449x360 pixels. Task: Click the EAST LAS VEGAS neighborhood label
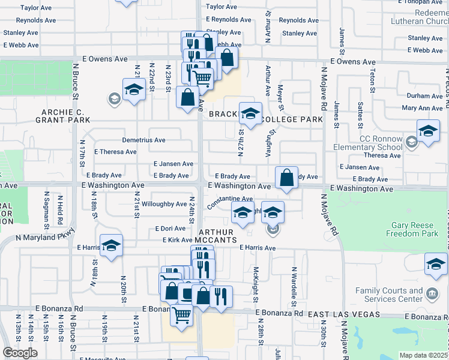[x=343, y=314]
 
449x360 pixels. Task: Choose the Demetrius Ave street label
[x=143, y=140]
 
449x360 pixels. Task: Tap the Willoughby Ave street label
[x=164, y=204]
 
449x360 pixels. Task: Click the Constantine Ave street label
[x=230, y=202]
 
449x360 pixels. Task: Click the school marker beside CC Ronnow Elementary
[x=428, y=131]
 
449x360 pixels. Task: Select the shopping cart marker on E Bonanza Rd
[x=181, y=314]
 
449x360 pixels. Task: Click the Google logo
[x=19, y=353]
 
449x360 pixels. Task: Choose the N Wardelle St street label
[x=294, y=284]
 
